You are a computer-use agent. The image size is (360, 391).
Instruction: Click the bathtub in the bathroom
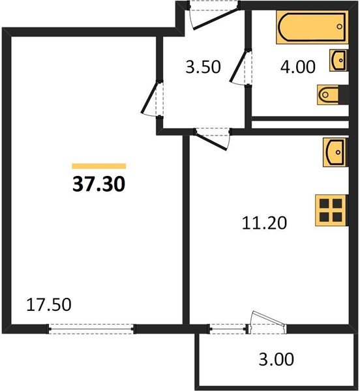pyautogui.click(x=309, y=28)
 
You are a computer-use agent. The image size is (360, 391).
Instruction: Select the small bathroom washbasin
pyautogui.click(x=338, y=60)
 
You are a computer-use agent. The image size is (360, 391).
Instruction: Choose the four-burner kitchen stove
pyautogui.click(x=330, y=210)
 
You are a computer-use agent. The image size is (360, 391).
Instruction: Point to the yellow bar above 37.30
pyautogui.click(x=98, y=166)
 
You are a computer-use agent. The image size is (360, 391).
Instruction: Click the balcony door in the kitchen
pyautogui.click(x=267, y=322)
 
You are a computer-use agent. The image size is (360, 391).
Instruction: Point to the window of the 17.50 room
pyautogui.click(x=92, y=328)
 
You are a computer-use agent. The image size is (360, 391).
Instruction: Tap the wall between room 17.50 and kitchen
pyautogui.click(x=185, y=228)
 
